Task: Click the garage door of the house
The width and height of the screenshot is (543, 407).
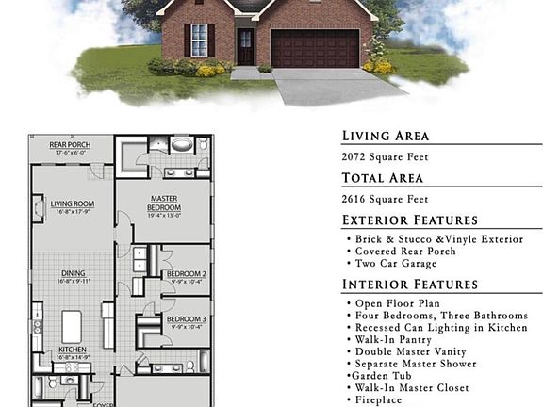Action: [x=315, y=49]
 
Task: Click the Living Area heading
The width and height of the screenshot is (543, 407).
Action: [x=385, y=136]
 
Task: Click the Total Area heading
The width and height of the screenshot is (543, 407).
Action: [x=382, y=177]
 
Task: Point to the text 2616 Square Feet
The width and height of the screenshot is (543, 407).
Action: [x=385, y=199]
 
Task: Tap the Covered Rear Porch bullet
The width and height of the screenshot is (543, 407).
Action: [x=405, y=252]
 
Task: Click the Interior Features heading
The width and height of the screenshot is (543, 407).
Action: [x=410, y=285]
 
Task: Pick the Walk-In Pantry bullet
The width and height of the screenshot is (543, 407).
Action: [x=393, y=339]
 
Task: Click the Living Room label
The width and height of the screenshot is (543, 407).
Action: [x=72, y=203]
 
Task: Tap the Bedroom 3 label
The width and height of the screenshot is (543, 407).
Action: [x=187, y=319]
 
